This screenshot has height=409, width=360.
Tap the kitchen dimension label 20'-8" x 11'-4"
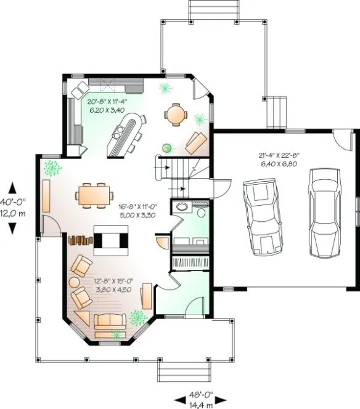(108, 106)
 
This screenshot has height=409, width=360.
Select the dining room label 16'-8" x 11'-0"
(137, 211)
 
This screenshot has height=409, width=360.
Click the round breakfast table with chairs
(176, 114)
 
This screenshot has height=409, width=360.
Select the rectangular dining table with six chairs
(94, 194)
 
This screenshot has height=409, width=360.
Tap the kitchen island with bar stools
(125, 137)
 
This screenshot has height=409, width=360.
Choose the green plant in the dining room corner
(52, 166)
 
